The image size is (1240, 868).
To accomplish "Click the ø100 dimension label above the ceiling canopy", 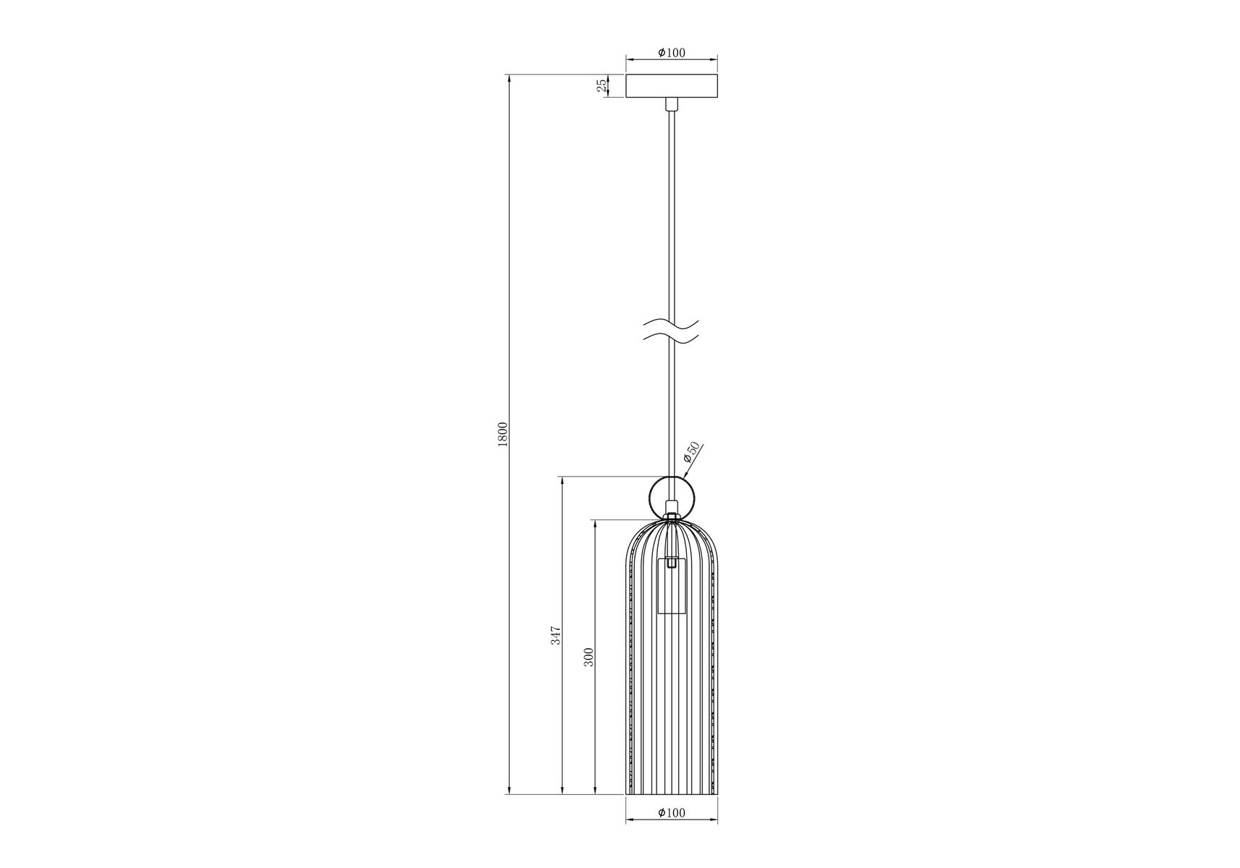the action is point(672,53).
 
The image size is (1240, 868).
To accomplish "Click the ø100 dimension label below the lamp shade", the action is point(672,812).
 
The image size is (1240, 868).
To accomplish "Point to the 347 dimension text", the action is point(555,635).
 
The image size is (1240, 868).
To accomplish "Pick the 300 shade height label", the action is point(589,656).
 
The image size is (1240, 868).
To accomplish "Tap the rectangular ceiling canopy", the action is point(672,86).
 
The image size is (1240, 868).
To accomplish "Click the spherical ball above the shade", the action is point(672,498).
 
